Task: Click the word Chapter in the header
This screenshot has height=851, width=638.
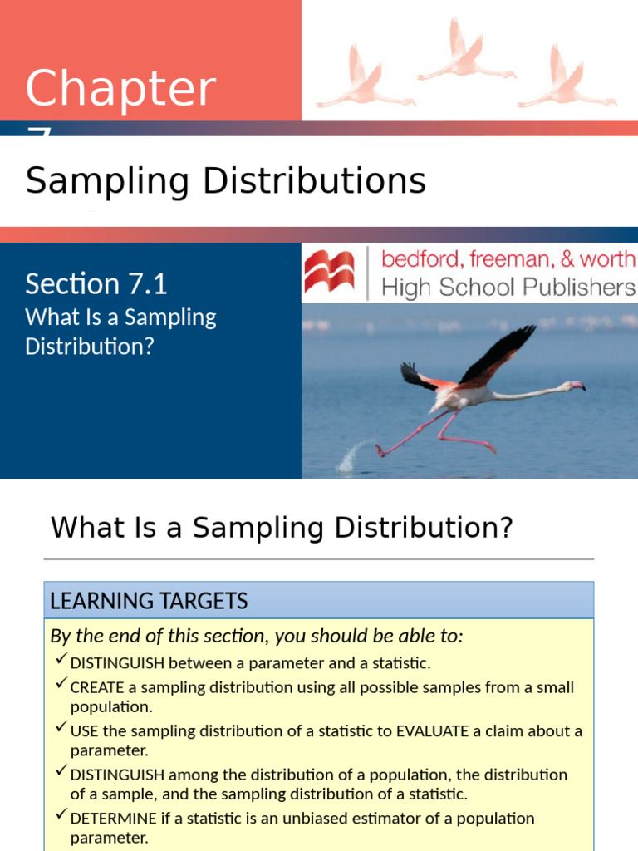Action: pyautogui.click(x=120, y=90)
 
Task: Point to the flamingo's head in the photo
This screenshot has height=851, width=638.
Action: pyautogui.click(x=575, y=386)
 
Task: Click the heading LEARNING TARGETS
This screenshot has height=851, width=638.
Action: pyautogui.click(x=149, y=601)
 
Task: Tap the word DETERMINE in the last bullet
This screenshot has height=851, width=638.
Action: pyautogui.click(x=114, y=818)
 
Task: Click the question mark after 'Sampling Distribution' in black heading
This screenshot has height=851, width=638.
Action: pyautogui.click(x=505, y=528)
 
